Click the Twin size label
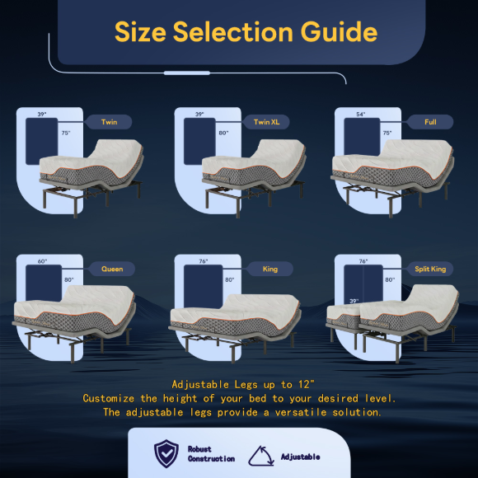[x=109, y=122]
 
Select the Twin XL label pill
[x=266, y=122]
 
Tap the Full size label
[x=430, y=122]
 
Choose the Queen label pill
[x=112, y=269]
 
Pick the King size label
[x=269, y=269]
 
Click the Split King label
[x=430, y=269]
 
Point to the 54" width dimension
[x=361, y=115]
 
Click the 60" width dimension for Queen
[x=42, y=261]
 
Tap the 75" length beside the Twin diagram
[x=66, y=133]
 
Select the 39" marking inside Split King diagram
[x=354, y=301]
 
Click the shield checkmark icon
[x=166, y=453]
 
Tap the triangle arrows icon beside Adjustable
[x=261, y=456]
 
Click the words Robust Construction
[x=211, y=454]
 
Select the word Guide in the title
[x=339, y=31]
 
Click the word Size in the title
[x=140, y=31]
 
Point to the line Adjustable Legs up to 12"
[x=242, y=384]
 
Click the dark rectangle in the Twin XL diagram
[x=199, y=141]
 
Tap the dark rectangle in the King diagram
[x=203, y=287]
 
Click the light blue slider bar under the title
[x=187, y=73]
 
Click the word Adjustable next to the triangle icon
[x=300, y=457]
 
